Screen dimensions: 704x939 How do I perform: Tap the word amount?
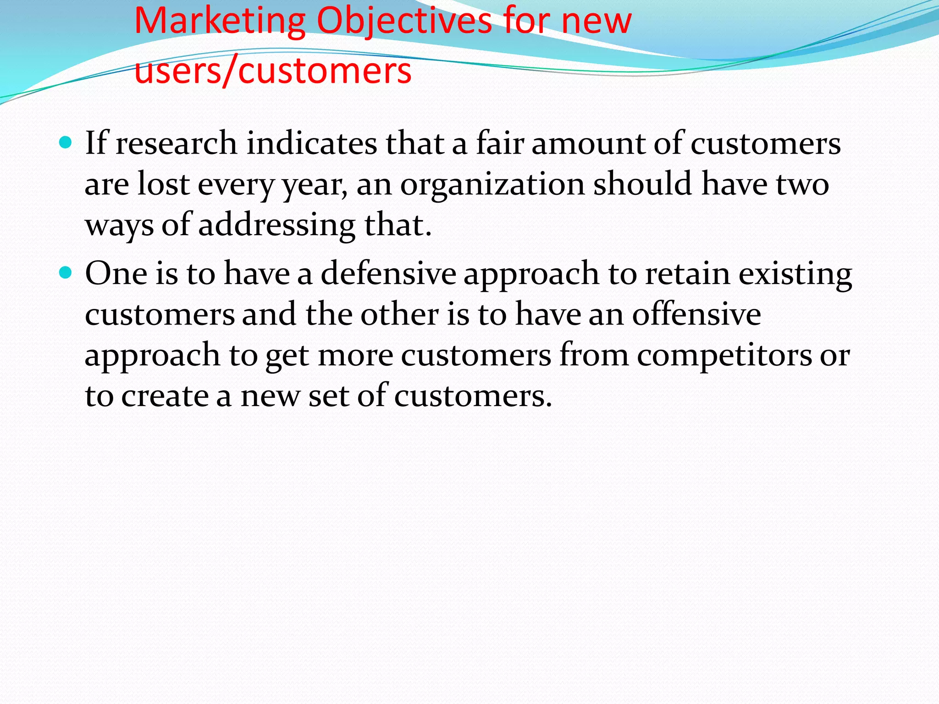click(588, 143)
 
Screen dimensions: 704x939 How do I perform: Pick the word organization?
click(492, 185)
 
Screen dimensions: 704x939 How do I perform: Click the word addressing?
click(276, 225)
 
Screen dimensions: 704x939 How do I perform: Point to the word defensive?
click(388, 274)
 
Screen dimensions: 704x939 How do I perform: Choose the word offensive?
click(696, 315)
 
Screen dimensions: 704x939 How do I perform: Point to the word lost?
click(163, 185)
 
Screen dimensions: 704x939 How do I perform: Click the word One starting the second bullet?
click(116, 274)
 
